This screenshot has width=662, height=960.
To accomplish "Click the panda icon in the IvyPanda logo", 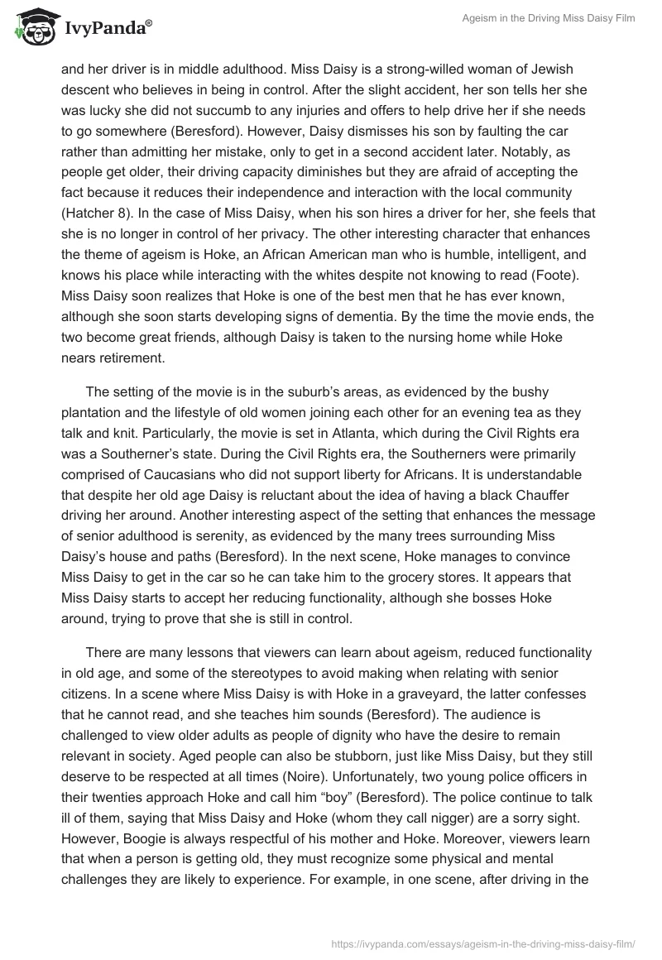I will point(31,28).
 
